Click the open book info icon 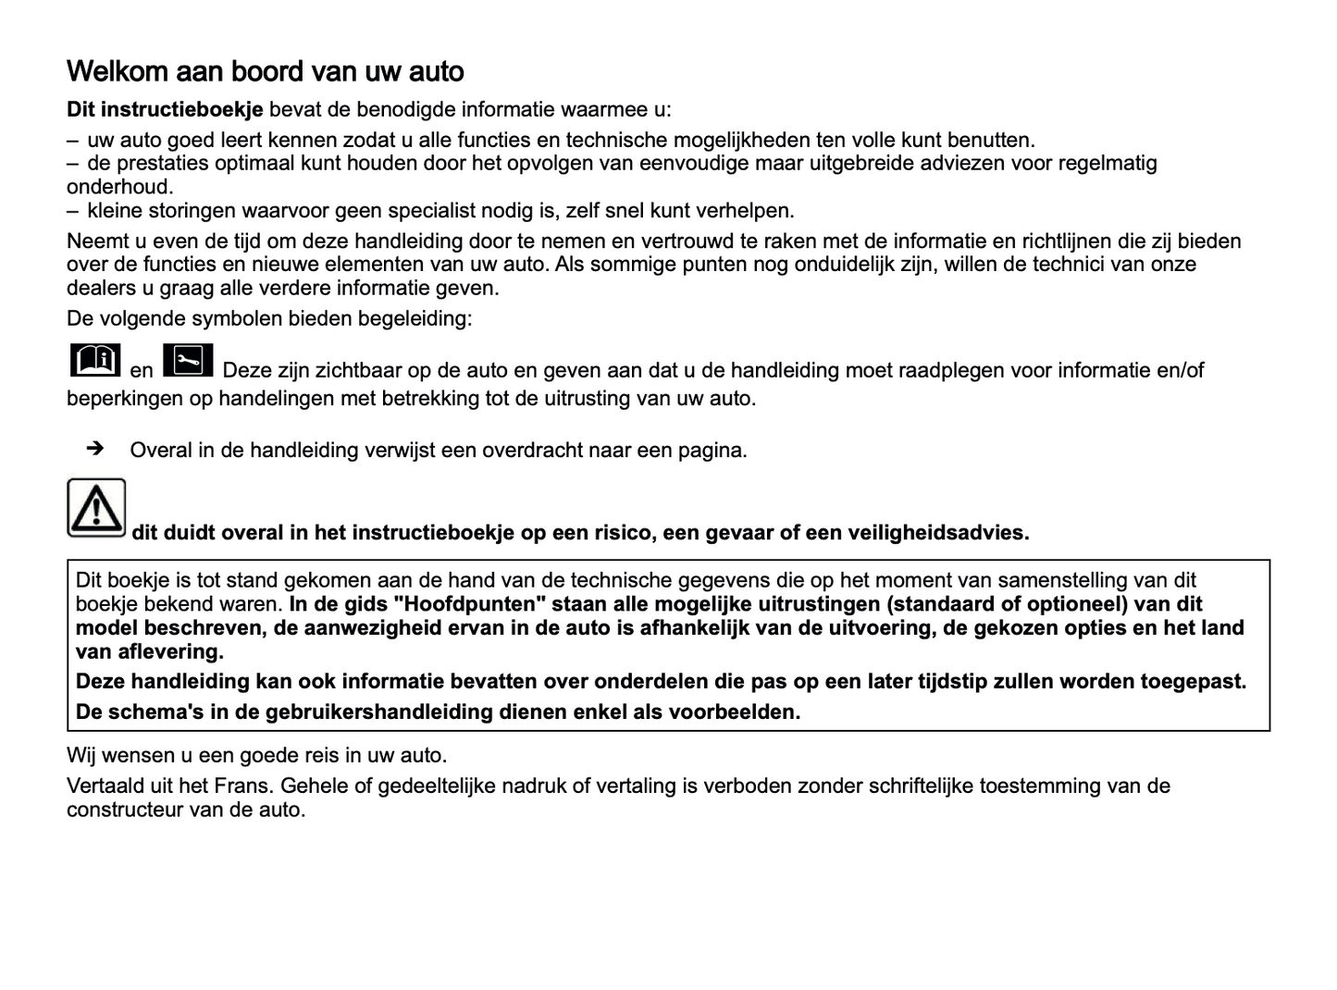(94, 360)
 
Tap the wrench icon (188, 361)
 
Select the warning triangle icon (96, 508)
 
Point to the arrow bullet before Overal (94, 450)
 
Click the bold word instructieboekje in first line (182, 110)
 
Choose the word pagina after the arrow (712, 451)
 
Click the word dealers (100, 288)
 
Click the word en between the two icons (142, 371)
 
